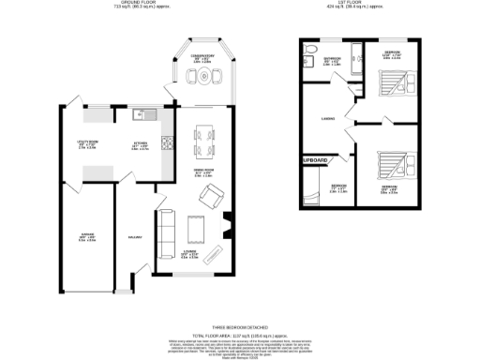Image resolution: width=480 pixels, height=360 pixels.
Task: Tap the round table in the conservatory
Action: (x=202, y=80)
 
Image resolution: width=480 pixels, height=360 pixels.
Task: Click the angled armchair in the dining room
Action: (x=212, y=196)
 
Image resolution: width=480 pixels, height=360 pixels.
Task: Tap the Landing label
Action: (x=328, y=118)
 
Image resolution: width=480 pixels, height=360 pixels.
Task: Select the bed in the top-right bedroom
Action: (x=393, y=84)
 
